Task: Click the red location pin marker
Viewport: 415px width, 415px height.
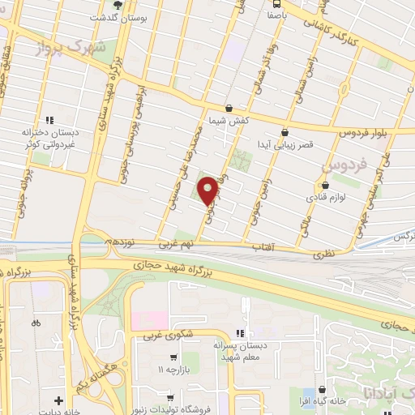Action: click(208, 190)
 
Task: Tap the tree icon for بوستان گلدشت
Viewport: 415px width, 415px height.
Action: click(118, 5)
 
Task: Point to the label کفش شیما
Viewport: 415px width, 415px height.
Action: click(229, 119)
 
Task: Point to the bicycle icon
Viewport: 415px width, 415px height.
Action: click(35, 322)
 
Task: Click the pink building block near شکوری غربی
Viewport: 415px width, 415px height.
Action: click(149, 319)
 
